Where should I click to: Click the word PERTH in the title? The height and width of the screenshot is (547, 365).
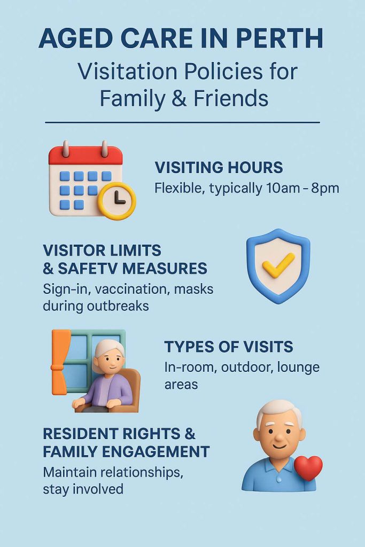[279, 38]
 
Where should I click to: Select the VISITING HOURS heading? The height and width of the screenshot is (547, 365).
[219, 167]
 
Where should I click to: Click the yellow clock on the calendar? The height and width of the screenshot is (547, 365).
[117, 201]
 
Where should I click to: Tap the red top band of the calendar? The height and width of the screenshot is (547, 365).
[86, 155]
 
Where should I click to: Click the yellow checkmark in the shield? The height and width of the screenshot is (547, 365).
[278, 265]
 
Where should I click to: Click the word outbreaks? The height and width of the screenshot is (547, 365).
[118, 306]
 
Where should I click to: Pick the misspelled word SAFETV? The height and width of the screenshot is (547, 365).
[88, 269]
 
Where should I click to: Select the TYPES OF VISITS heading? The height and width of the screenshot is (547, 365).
[229, 347]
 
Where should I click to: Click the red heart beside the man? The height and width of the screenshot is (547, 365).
[308, 467]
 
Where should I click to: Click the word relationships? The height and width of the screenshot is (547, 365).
[141, 473]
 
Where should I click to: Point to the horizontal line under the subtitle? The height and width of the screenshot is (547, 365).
[183, 122]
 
